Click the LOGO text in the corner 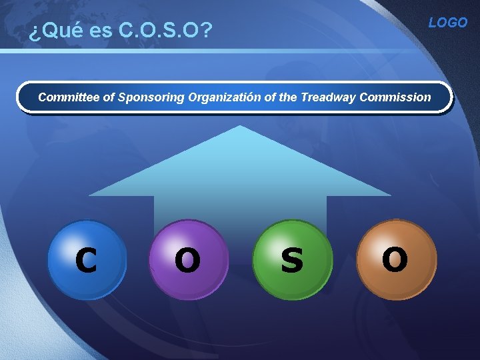tap(447, 23)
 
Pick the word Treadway tap(328, 97)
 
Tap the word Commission tap(395, 97)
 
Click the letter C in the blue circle tap(86, 261)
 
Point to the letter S tap(291, 261)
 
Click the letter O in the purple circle tap(187, 261)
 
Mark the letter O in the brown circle tap(395, 259)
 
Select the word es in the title tap(97, 31)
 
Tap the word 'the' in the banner tap(289, 97)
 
